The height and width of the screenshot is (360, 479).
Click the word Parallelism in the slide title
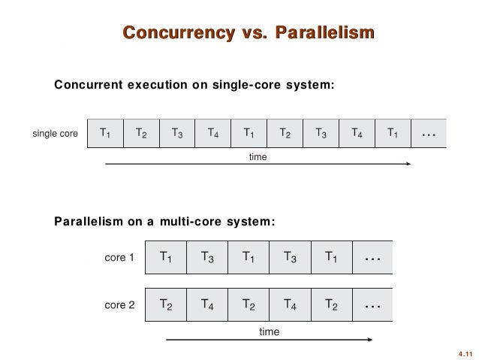324,32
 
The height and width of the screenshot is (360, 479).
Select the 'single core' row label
55,135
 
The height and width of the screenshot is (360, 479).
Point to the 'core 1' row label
119,258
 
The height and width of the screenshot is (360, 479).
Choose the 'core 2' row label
119,306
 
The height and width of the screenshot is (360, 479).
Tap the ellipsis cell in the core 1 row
372,257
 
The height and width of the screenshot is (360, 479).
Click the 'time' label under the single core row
258,157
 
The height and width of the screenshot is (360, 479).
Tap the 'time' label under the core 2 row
265,330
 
